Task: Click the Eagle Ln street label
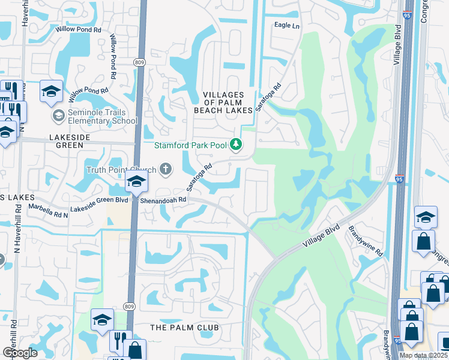coord(286,26)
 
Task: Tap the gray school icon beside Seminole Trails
coord(58,115)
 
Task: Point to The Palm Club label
coord(184,328)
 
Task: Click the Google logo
coord(20,352)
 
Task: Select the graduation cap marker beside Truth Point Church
coord(137,183)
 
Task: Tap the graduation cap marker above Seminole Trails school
coord(51,92)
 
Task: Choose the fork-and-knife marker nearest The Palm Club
coord(121,341)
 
